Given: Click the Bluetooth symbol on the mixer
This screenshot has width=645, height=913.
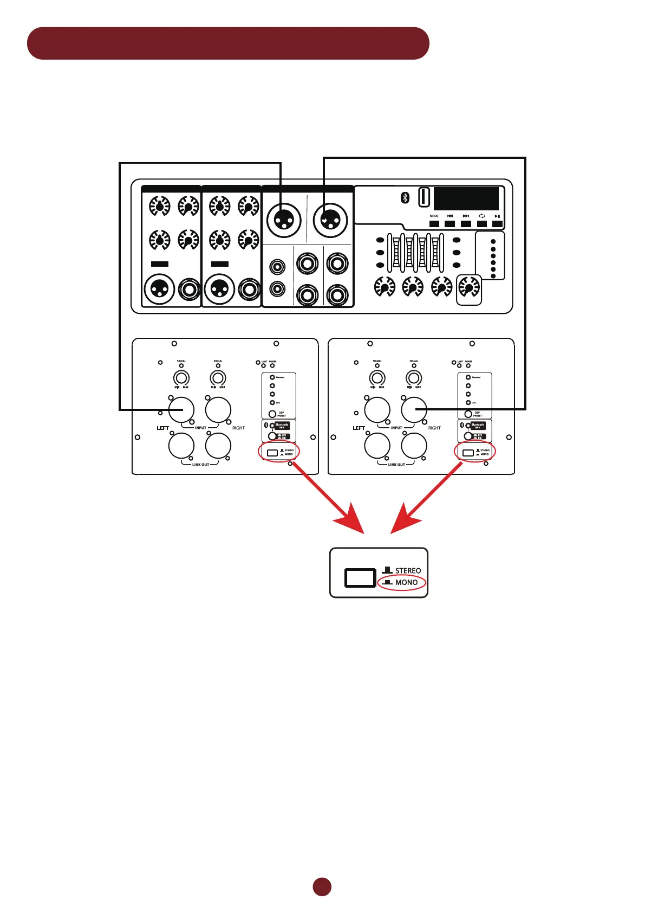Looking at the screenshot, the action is point(405,198).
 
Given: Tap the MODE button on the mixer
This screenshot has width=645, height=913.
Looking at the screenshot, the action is point(434,223).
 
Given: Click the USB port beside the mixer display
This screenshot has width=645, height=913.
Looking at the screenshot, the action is point(425,197).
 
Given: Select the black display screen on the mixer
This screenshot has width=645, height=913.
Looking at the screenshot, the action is point(466,198).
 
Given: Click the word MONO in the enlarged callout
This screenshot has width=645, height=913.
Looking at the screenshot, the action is point(406,582).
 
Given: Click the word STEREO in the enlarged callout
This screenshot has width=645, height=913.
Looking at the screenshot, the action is point(408,571).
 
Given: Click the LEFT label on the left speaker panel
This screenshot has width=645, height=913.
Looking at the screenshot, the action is point(163,428).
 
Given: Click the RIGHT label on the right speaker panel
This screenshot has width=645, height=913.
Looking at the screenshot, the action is point(434,428).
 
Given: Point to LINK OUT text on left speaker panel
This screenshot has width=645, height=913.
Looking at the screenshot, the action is point(200,465).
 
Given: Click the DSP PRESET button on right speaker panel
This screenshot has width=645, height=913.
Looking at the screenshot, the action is point(468,414).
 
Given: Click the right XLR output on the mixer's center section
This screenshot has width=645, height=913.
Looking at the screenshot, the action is point(330,220).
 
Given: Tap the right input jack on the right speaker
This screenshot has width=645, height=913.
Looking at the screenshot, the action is point(414,409).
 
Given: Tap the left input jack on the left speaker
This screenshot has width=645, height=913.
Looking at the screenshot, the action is point(181,409).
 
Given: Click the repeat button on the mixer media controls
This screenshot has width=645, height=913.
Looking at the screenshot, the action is point(481,223).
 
